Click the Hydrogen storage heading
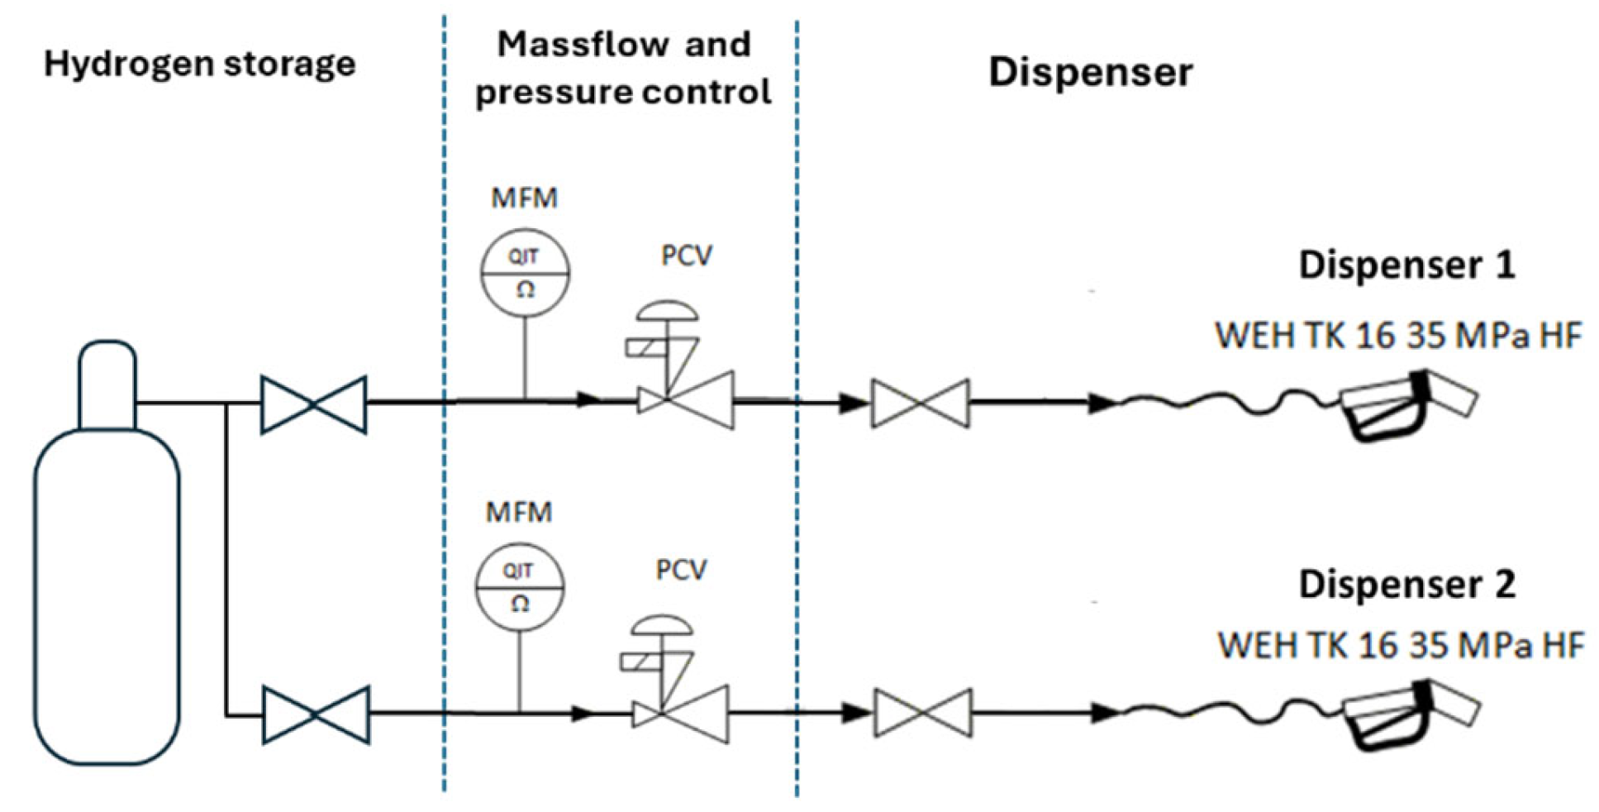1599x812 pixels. pos(199,64)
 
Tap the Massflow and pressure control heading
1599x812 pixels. pos(623,68)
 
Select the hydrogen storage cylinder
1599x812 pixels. pos(107,552)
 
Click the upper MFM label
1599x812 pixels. pos(524,198)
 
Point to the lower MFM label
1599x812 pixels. pos(518,512)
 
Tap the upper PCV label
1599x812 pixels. pos(686,256)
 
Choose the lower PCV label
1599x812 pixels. pos(681,570)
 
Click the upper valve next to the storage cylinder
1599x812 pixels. pos(313,404)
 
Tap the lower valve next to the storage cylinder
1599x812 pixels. pos(316,714)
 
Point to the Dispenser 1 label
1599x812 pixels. pos(1406,265)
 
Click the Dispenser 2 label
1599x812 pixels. pos(1406,584)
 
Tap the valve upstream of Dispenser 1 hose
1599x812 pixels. pos(920,404)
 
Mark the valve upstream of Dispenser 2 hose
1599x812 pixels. pos(923,713)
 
